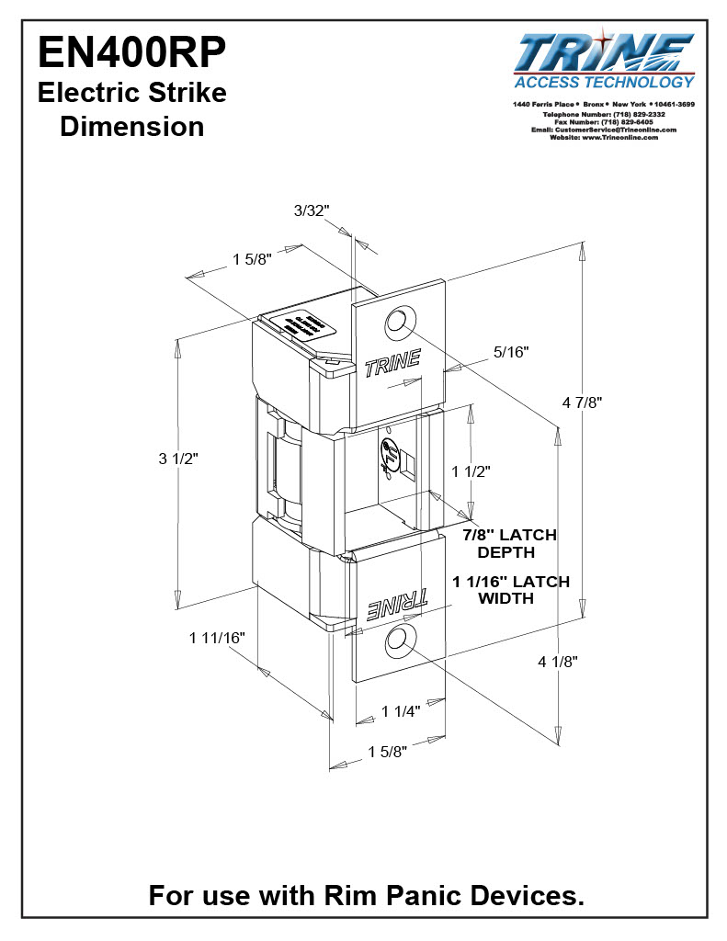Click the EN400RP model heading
coord(131,52)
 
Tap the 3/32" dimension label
coord(311,210)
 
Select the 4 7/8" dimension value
coord(582,402)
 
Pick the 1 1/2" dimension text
coord(471,470)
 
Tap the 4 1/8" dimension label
coord(558,661)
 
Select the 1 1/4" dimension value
coord(401,710)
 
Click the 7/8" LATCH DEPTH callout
coord(510,543)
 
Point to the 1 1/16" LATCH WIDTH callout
coord(511,589)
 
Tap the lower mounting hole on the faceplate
coord(399,641)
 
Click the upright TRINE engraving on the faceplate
coord(392,364)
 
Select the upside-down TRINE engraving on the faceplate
coord(397,603)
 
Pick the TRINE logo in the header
coord(605,53)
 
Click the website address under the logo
coord(604,137)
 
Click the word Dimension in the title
coord(131,127)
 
